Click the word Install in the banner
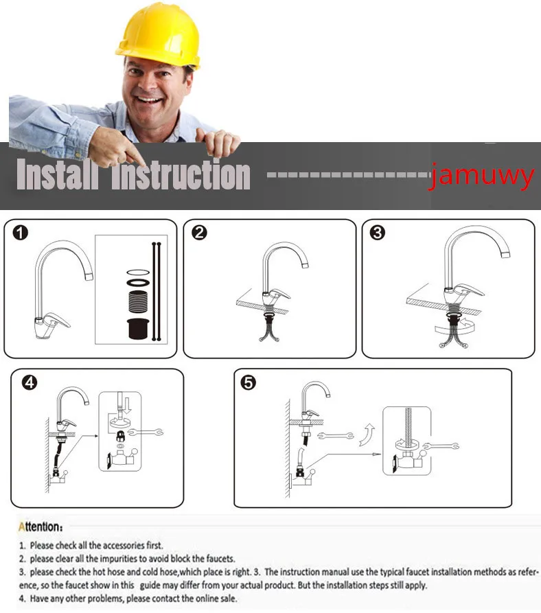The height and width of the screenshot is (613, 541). [57, 174]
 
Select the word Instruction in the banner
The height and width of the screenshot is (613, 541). [181, 175]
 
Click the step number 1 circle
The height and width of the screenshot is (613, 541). [21, 233]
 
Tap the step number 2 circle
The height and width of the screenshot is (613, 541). [199, 233]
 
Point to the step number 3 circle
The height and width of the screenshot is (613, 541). [378, 233]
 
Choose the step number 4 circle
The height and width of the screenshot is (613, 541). [30, 382]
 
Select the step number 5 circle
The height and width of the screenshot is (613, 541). [249, 382]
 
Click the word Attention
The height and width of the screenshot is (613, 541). [41, 527]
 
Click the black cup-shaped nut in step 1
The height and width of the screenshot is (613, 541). [138, 328]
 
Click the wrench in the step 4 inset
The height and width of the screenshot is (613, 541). [146, 432]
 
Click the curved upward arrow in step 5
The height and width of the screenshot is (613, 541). [367, 435]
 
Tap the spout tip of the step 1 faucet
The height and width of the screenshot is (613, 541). [89, 277]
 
